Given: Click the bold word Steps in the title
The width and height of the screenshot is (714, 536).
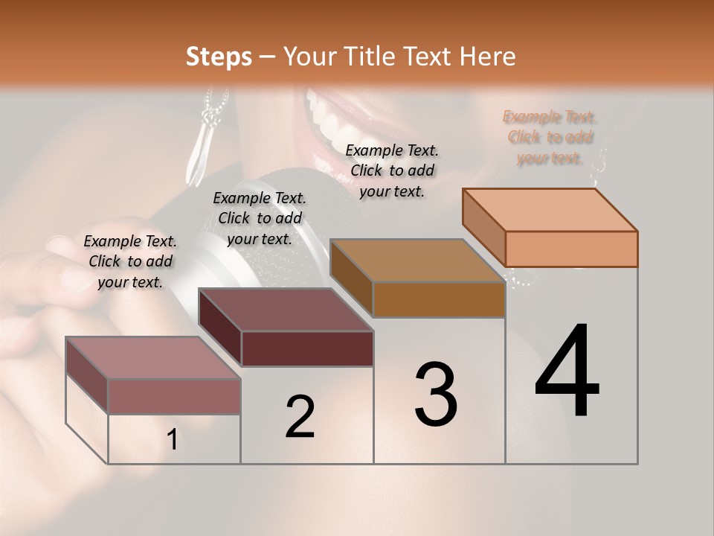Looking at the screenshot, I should click(219, 57).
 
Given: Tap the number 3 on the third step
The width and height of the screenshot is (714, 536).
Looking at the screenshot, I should click(436, 395).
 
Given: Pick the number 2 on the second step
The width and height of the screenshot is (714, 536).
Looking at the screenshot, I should click(300, 417).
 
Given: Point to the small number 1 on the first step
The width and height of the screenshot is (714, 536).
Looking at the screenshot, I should click(173, 440).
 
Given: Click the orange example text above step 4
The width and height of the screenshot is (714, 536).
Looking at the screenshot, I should click(550, 138).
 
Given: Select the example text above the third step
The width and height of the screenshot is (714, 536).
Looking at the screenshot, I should click(392, 170).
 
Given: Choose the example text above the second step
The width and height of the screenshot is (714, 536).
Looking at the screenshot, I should click(260, 218).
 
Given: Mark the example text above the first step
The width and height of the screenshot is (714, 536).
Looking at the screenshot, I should click(130, 261).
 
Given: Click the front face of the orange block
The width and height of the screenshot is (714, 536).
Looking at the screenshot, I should click(571, 249).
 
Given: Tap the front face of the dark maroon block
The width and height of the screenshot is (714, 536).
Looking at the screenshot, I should click(307, 348).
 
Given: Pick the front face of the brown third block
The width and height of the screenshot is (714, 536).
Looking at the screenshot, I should click(439, 299).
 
